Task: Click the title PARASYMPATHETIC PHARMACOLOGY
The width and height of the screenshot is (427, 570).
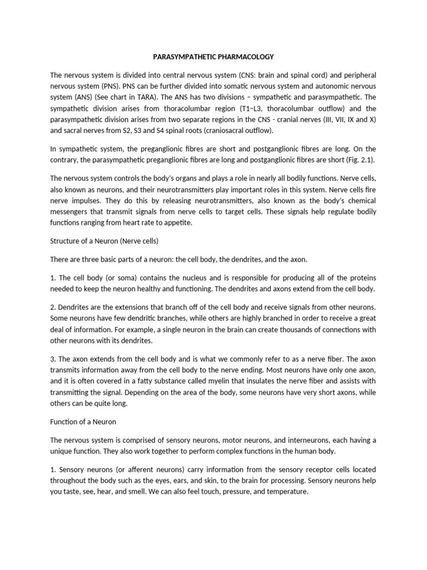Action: [213, 56]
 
